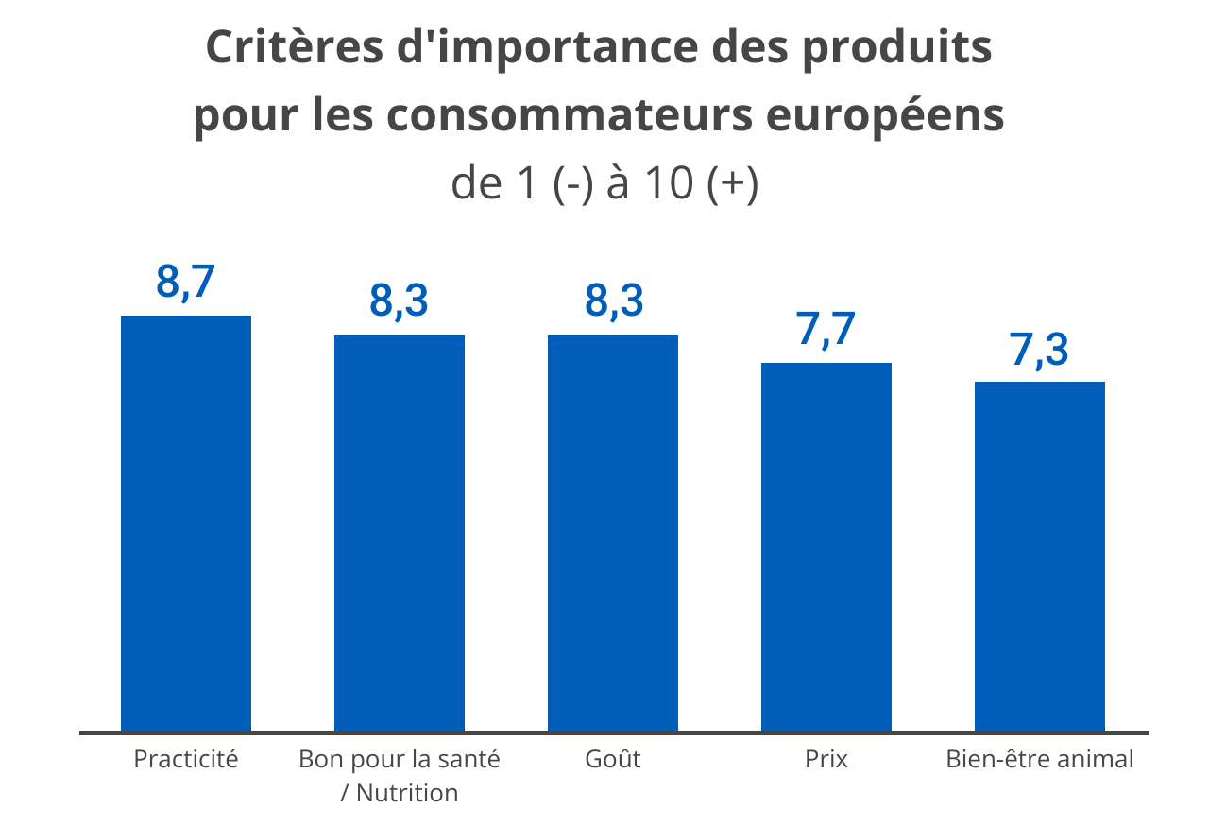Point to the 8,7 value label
click(x=186, y=283)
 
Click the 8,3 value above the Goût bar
click(x=614, y=301)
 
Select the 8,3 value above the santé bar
click(x=399, y=301)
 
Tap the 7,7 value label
click(x=826, y=330)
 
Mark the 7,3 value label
click(x=1039, y=349)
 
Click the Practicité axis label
click(x=186, y=759)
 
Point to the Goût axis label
click(x=613, y=759)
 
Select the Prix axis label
click(x=826, y=759)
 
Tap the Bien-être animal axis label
click(x=1040, y=759)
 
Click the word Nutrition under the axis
click(x=407, y=793)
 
